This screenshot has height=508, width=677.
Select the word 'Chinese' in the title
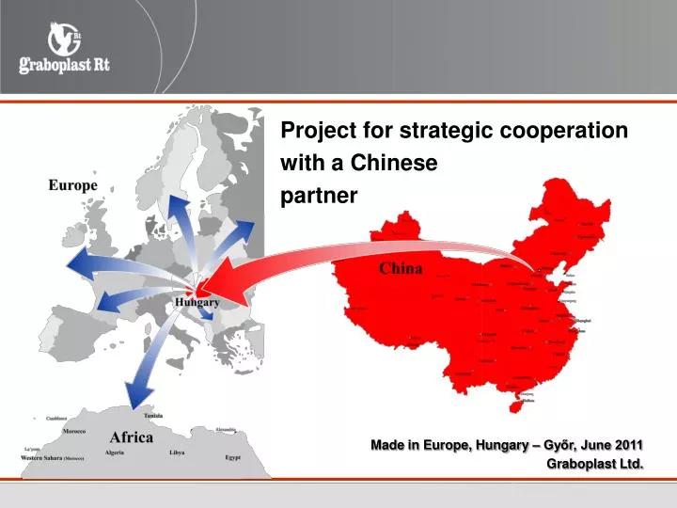click(394, 163)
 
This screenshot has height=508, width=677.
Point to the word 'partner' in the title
click(320, 196)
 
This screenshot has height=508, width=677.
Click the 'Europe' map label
click(72, 185)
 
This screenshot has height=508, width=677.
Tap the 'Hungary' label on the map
click(197, 302)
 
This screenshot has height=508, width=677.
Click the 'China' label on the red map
click(401, 268)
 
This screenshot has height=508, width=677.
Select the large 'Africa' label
click(132, 437)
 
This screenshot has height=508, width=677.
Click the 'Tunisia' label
click(153, 416)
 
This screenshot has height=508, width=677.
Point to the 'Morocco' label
click(74, 431)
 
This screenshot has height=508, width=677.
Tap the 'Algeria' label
click(115, 452)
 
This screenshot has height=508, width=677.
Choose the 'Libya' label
click(177, 452)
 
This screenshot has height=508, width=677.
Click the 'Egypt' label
click(234, 457)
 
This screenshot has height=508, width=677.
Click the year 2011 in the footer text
click(628, 444)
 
